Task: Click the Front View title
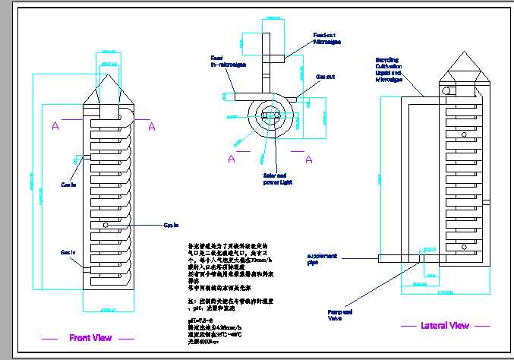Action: pyautogui.click(x=90, y=338)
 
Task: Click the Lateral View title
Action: pyautogui.click(x=445, y=326)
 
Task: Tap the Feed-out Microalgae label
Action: pyautogui.click(x=328, y=38)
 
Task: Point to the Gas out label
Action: pyautogui.click(x=327, y=77)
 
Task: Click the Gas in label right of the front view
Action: pyautogui.click(x=171, y=225)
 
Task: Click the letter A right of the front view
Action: pyautogui.click(x=151, y=126)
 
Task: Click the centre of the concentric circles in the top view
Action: pyautogui.click(x=270, y=115)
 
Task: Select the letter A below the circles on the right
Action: pyautogui.click(x=309, y=159)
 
